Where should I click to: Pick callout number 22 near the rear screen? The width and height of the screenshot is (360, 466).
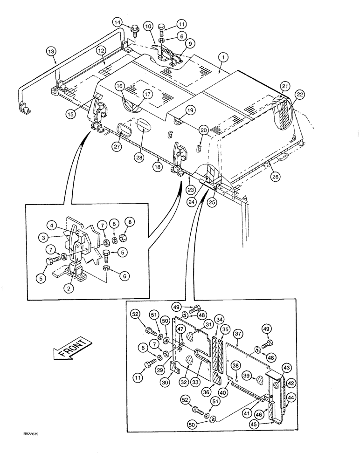(299, 95)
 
